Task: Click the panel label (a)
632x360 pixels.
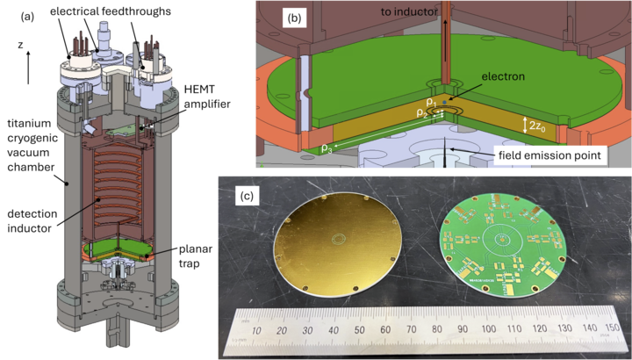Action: pos(27,17)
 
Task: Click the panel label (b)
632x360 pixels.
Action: pos(294,19)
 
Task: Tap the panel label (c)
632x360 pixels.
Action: pos(247,196)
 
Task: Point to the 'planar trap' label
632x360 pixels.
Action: pos(195,256)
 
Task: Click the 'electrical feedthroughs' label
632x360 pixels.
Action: pos(111,11)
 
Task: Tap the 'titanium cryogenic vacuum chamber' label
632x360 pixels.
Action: pos(32,146)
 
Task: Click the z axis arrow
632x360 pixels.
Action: pos(28,68)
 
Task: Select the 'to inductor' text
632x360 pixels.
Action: pos(409,12)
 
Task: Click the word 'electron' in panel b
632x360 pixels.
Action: pos(504,76)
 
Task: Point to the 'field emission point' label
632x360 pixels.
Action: pos(549,155)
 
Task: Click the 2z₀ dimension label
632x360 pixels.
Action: pos(537,126)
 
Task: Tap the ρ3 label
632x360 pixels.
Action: pos(326,148)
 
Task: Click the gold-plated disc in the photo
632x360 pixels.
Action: pos(337,245)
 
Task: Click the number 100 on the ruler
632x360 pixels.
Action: pos(488,329)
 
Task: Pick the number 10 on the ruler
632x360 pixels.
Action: pos(256,331)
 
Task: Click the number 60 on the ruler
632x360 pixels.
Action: pos(385,330)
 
